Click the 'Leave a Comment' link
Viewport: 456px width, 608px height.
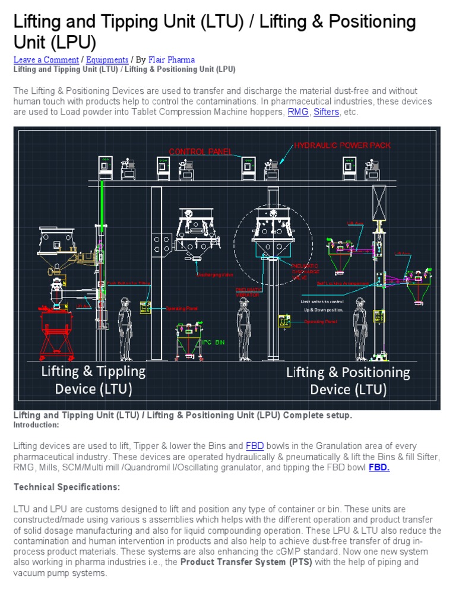46,60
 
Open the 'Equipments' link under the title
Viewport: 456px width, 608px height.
107,60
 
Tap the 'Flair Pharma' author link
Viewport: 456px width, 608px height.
172,60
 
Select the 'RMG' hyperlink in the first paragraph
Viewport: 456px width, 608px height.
297,112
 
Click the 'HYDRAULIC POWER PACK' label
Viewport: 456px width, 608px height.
343,145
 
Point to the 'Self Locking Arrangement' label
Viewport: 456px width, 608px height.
343,283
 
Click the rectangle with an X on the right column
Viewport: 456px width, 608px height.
379,204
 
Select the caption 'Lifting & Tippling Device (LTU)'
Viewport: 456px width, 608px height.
93,380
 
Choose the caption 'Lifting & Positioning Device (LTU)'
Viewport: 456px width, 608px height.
348,381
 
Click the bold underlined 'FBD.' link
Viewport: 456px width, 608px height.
379,467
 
